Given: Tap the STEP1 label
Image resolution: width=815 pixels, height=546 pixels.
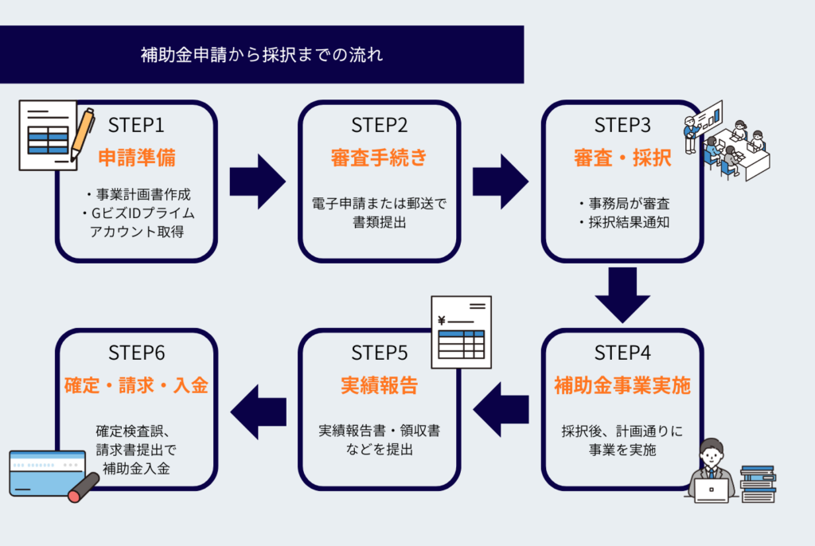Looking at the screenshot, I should [x=136, y=125].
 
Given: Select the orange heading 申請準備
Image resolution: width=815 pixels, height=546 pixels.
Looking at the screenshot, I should [x=136, y=157].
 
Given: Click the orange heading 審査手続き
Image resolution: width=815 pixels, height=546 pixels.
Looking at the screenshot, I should [x=380, y=157].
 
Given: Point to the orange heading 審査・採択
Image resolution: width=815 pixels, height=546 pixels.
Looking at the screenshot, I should [x=622, y=157].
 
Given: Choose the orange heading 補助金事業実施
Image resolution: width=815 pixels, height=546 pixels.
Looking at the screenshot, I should [x=622, y=386].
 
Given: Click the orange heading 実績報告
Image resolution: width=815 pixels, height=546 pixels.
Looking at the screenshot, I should [x=380, y=386].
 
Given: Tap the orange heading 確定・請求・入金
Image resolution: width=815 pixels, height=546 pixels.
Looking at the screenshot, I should [x=136, y=386].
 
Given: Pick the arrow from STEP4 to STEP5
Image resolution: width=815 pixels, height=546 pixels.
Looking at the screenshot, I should [x=501, y=410].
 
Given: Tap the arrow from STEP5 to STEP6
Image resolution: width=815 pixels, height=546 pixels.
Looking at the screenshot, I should [x=257, y=410].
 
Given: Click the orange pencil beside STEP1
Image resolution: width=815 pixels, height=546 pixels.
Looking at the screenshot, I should [x=82, y=132].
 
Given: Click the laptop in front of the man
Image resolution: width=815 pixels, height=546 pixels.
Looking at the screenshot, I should [x=711, y=489].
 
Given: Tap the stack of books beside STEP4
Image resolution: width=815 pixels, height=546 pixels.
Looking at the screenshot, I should [x=757, y=484].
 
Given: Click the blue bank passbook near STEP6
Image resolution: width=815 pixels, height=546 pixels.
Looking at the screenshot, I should [x=47, y=473].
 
